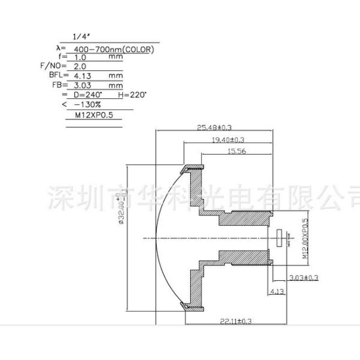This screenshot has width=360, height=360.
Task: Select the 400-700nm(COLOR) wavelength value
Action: (x=113, y=50)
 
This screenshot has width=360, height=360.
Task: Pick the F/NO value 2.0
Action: (x=80, y=67)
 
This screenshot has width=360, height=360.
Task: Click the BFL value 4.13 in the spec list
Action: (x=82, y=77)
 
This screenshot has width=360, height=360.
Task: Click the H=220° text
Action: (x=132, y=95)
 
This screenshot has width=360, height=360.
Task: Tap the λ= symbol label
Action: (x=59, y=47)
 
